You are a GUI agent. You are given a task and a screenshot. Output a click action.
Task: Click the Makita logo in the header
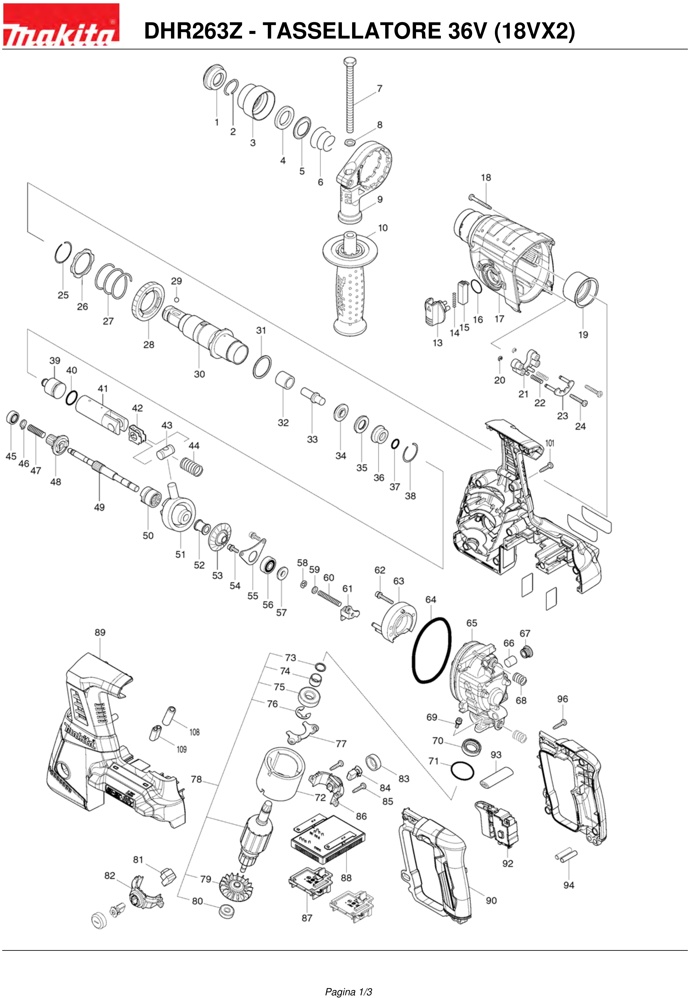pos(61,25)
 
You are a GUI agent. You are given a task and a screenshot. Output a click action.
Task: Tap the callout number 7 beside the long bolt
pos(379,89)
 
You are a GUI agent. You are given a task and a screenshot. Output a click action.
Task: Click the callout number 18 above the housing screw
pos(486,178)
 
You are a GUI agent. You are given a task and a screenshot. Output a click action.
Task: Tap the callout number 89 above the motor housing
pos(100,633)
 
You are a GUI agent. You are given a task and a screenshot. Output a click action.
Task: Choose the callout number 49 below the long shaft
pos(100,507)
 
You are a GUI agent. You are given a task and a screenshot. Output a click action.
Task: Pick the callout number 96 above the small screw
pos(563,699)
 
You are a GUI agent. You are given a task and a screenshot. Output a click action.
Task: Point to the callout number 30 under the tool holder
pos(199,374)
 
